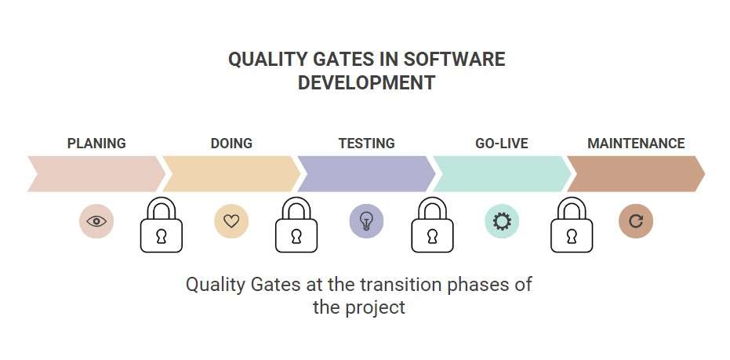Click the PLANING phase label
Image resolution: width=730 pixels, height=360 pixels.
[x=96, y=144]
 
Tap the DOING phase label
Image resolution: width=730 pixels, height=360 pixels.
[x=231, y=144]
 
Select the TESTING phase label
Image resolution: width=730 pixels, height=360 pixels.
[x=366, y=144]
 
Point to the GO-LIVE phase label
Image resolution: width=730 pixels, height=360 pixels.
[x=501, y=144]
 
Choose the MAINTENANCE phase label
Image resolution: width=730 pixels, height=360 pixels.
[x=636, y=144]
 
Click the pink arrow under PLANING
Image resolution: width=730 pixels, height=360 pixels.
[x=94, y=173]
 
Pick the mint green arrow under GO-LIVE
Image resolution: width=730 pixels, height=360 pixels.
[x=501, y=173]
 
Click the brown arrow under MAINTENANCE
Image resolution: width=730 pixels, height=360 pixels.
[x=636, y=173]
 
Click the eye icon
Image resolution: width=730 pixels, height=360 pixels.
[x=96, y=221]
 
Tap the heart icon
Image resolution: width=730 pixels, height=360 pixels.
[x=231, y=221]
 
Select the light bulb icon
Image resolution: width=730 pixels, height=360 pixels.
[x=366, y=221]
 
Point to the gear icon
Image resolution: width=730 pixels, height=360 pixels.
[x=501, y=221]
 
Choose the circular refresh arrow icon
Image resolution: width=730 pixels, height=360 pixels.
[x=636, y=221]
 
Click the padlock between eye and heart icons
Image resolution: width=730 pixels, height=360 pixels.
[x=162, y=227]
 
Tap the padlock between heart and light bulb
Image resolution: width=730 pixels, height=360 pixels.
[x=296, y=227]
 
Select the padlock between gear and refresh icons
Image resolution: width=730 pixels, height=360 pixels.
[x=572, y=227]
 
